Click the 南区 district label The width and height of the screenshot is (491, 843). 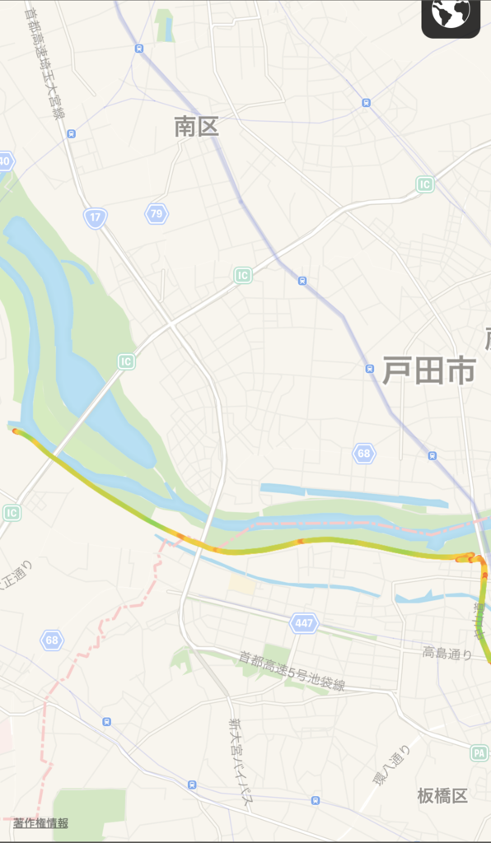(196, 127)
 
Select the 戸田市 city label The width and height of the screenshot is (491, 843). (428, 372)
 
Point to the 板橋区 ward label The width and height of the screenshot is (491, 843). (442, 796)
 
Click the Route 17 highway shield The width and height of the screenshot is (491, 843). (96, 217)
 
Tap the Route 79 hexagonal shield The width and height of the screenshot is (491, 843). (156, 214)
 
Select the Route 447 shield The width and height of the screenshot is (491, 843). (304, 623)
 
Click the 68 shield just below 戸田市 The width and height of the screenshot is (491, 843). (364, 453)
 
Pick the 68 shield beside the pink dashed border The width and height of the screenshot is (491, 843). (54, 640)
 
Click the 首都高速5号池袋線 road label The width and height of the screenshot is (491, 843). (292, 671)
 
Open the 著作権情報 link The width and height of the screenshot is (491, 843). (40, 823)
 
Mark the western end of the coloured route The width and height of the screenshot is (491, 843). (15, 431)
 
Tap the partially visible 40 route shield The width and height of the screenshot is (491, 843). (5, 161)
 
